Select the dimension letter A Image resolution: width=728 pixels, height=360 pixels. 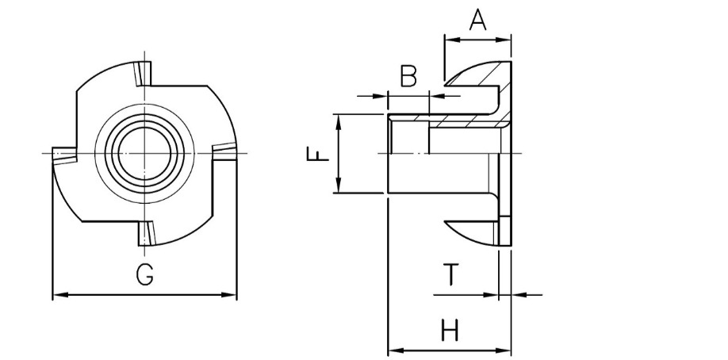click(x=477, y=18)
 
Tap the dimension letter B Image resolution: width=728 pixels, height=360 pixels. click(x=408, y=76)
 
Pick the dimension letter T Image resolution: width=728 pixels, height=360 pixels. click(x=450, y=274)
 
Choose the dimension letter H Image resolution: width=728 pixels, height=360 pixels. click(x=450, y=330)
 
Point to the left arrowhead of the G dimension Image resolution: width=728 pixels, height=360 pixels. click(x=57, y=295)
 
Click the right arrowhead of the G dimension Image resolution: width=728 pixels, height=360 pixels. click(x=232, y=295)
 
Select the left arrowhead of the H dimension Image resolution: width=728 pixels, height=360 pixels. click(x=393, y=350)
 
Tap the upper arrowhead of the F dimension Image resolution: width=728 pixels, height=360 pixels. click(x=339, y=120)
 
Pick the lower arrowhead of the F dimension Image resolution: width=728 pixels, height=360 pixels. click(x=339, y=187)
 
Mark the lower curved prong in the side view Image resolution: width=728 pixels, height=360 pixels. click(x=474, y=229)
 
